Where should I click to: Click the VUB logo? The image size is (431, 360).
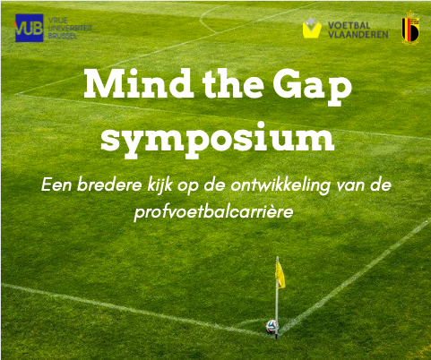(29, 28)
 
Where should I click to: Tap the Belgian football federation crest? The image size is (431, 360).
(410, 28)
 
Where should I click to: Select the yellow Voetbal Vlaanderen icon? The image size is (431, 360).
(312, 29)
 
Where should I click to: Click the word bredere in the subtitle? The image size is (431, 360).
(109, 184)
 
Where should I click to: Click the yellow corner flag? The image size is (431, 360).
(280, 272)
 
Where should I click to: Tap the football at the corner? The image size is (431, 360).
(271, 327)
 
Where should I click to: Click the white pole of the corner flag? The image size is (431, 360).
(277, 304)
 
